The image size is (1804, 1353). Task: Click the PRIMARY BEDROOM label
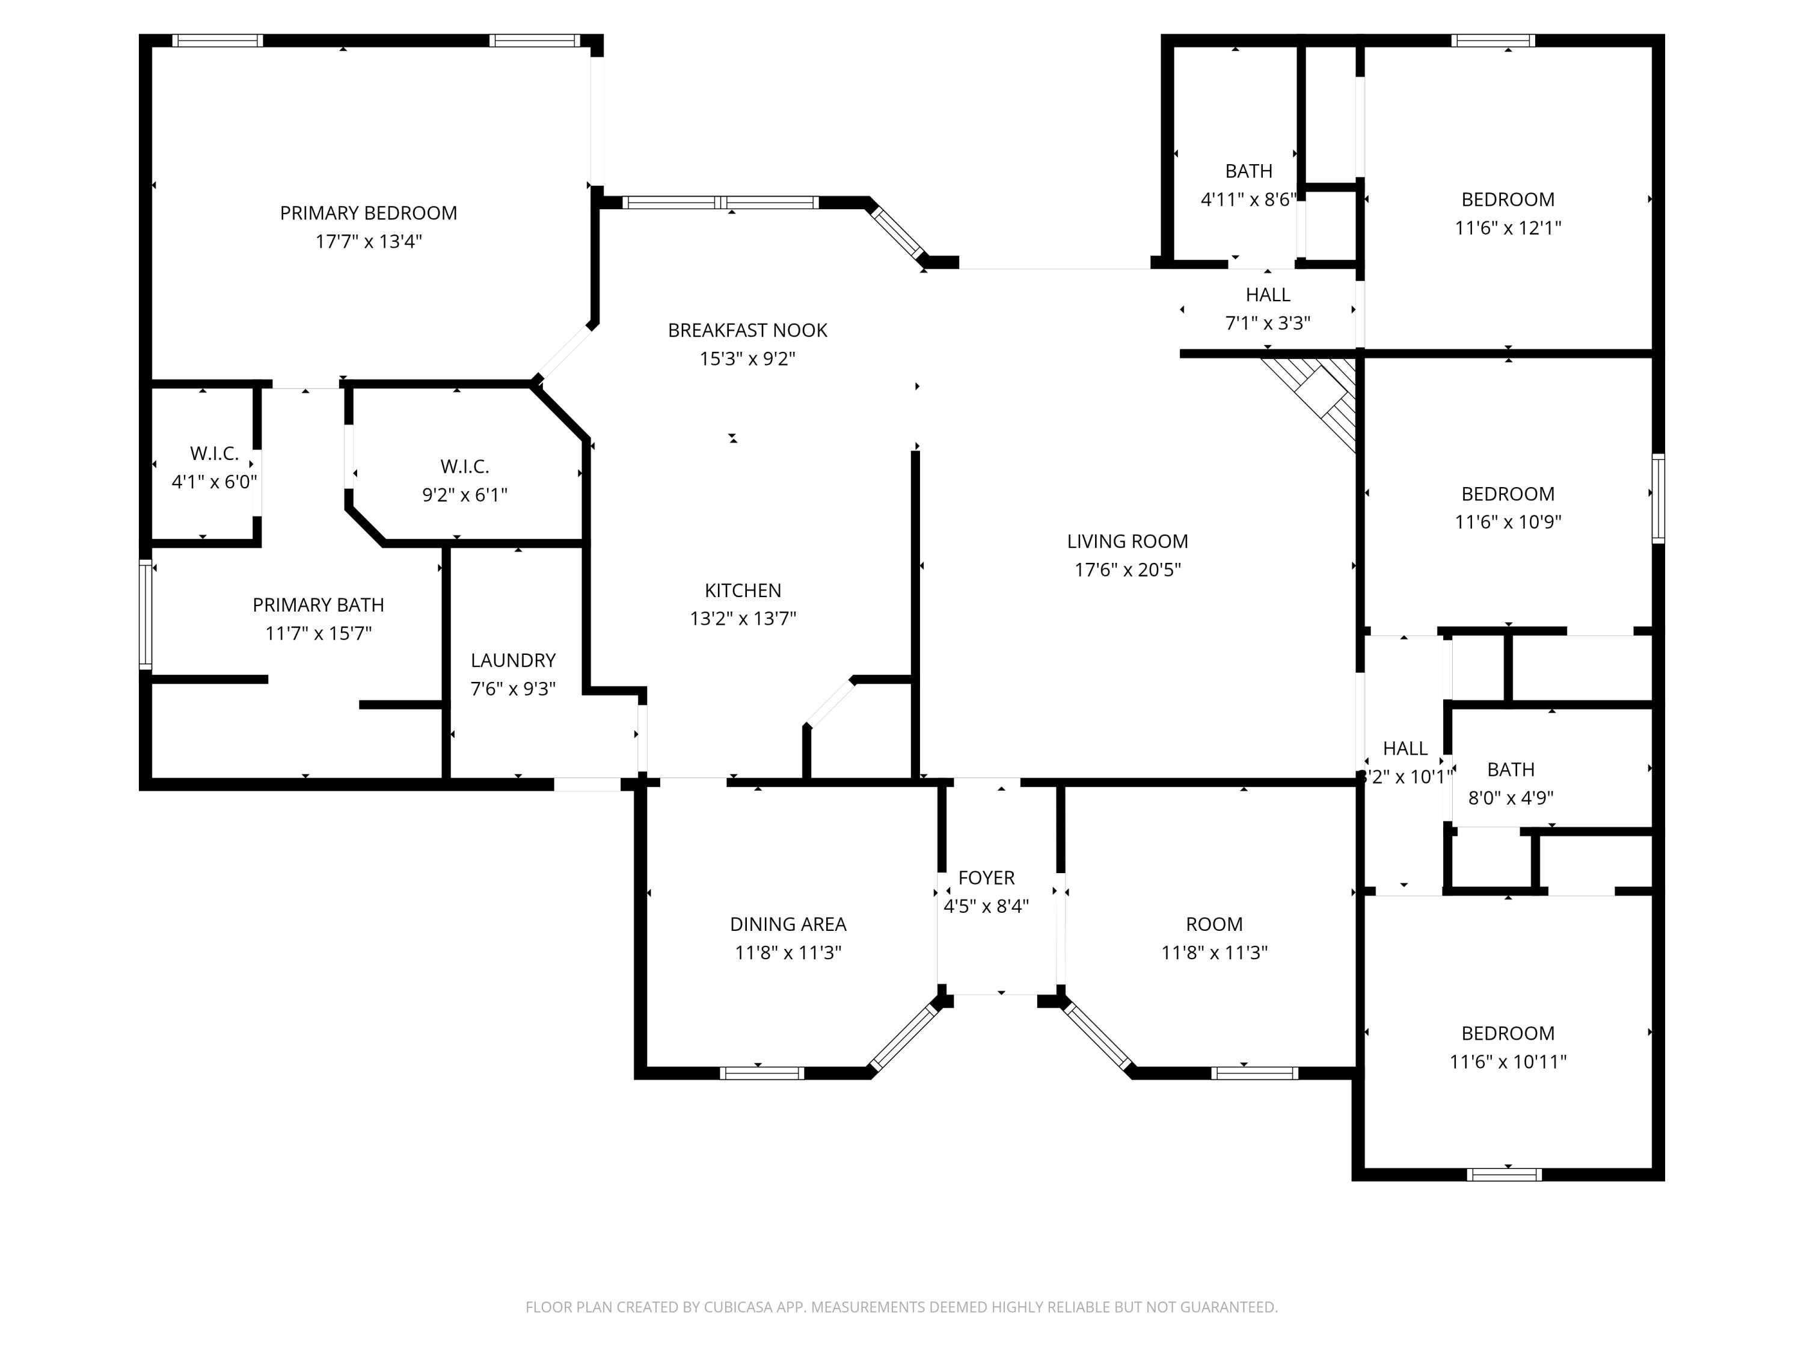[x=368, y=213]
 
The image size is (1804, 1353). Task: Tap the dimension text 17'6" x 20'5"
[x=1127, y=569]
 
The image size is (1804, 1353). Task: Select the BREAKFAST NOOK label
[x=747, y=330]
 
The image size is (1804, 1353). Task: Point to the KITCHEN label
[x=742, y=590]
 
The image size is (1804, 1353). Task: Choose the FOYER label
[x=986, y=877]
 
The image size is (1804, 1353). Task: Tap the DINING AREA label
[x=788, y=924]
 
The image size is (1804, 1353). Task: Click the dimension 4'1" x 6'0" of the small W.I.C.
[x=213, y=482]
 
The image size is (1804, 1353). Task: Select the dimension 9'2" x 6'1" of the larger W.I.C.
[x=464, y=495]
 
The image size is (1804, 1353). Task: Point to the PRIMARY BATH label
[x=318, y=604]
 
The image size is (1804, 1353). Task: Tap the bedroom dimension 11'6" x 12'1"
[x=1507, y=227]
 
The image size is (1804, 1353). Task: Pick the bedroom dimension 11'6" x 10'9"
[x=1507, y=521]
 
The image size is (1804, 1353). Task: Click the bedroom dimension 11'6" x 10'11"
[x=1507, y=1061]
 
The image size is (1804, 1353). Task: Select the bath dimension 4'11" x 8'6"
[x=1248, y=199]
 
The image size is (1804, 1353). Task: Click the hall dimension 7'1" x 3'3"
[x=1268, y=323]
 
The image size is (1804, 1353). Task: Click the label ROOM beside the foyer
[x=1213, y=924]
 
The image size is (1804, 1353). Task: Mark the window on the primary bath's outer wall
[x=145, y=614]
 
